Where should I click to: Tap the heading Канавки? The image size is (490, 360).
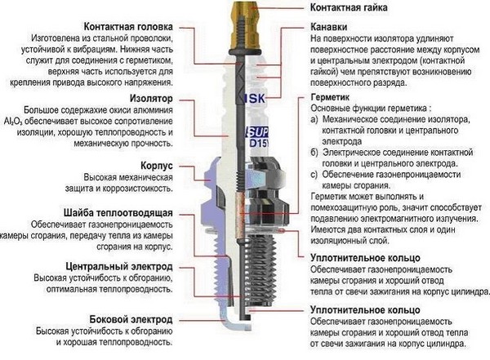(330, 26)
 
